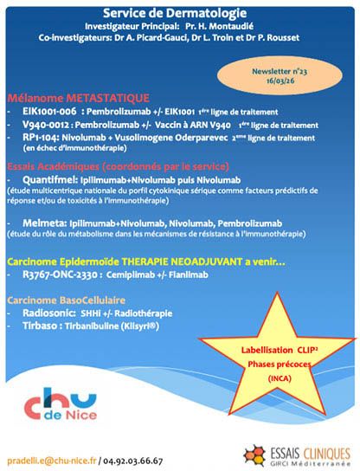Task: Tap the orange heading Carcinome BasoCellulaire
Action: pos(68,299)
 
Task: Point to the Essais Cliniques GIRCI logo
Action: pos(295,451)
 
